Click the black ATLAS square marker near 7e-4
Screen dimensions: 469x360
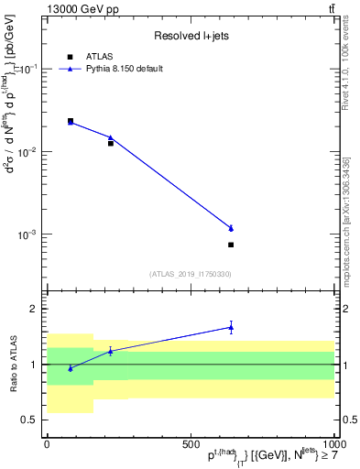[x=231, y=245]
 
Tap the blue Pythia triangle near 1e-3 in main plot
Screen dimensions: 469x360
[x=231, y=228]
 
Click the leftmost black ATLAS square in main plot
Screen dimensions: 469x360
[x=71, y=120]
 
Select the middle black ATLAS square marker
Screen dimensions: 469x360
[x=111, y=143]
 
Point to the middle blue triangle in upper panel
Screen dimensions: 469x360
[x=111, y=137]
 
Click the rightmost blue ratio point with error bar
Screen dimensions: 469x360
[x=231, y=327]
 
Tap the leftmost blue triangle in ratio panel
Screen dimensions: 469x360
[x=71, y=368]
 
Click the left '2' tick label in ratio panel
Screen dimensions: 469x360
[x=33, y=309]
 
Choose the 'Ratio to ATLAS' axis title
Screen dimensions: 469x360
[x=12, y=364]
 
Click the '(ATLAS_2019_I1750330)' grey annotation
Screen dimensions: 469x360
[x=190, y=274]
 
